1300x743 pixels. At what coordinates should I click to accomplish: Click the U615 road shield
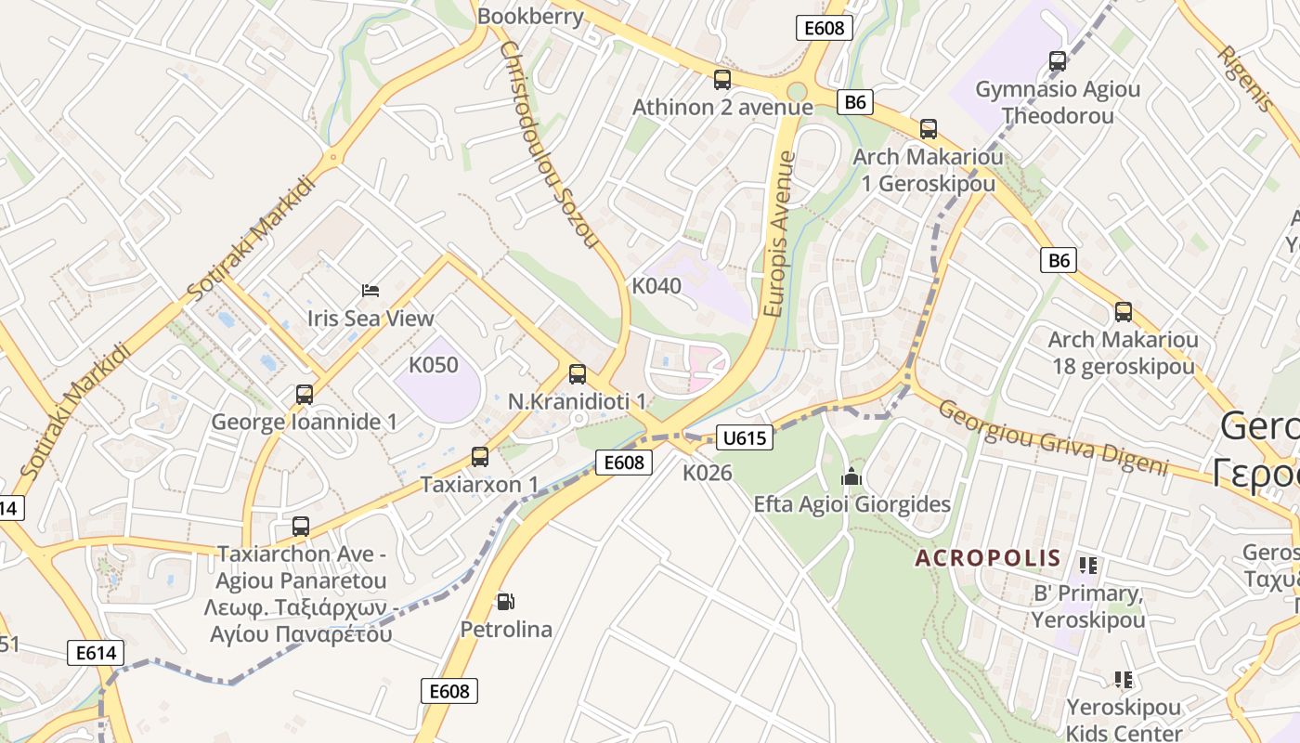point(745,437)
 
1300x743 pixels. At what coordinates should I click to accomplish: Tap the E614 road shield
point(95,653)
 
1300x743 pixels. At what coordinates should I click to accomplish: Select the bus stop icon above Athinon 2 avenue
point(722,80)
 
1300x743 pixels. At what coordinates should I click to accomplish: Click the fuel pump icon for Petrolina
point(505,602)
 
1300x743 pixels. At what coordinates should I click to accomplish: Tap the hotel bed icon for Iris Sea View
point(370,291)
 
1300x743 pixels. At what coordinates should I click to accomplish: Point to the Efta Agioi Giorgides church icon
point(851,477)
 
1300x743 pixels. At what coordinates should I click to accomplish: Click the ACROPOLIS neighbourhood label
point(987,558)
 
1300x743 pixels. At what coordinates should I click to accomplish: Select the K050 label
point(434,365)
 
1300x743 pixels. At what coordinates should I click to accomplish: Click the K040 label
point(656,286)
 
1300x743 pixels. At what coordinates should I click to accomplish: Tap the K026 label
point(708,473)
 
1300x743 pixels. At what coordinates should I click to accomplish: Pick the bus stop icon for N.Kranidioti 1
point(578,374)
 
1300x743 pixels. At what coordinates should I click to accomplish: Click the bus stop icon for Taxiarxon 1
point(479,457)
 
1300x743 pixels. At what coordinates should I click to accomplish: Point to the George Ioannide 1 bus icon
point(305,395)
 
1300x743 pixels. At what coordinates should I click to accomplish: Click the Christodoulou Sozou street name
point(548,144)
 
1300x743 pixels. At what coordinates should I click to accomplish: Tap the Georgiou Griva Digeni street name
point(1051,437)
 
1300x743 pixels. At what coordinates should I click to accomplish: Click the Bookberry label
point(530,16)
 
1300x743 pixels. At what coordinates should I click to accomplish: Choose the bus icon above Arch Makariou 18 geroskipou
point(1124,312)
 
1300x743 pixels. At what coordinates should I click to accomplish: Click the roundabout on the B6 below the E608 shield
point(797,91)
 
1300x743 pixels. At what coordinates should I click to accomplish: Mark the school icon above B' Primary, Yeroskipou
point(1088,565)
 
